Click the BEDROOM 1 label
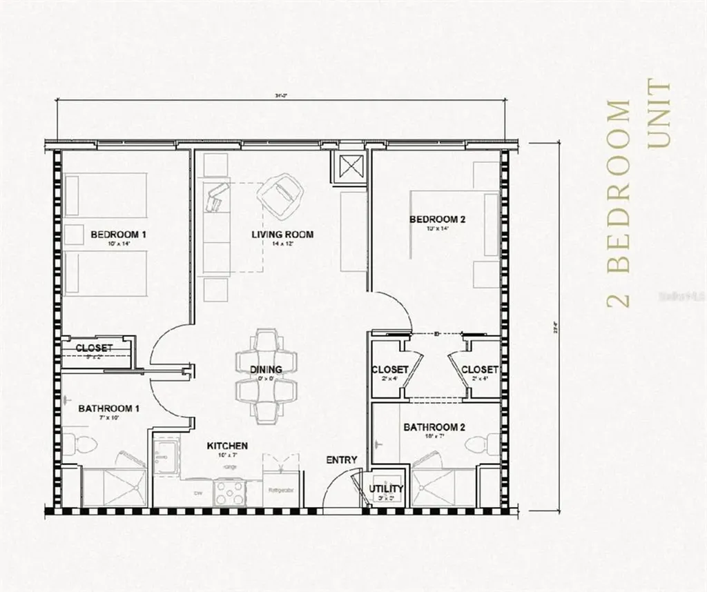118,235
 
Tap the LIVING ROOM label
282,235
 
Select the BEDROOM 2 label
438,220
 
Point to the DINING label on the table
266,370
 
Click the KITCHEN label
227,446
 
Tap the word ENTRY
341,460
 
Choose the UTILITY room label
386,489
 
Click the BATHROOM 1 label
109,408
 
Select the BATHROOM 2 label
434,428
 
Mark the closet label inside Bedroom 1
95,348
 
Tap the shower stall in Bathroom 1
110,486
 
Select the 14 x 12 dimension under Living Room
282,244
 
